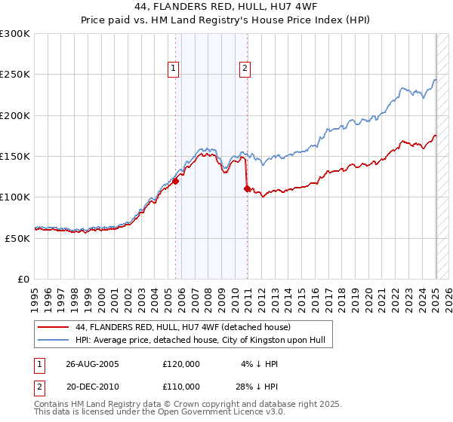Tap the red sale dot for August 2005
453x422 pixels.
tap(175, 181)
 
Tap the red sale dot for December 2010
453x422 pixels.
tap(247, 188)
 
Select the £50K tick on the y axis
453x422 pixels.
tap(17, 238)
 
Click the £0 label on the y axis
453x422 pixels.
tap(23, 279)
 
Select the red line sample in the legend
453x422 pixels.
tap(52, 327)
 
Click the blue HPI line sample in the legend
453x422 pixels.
tap(52, 341)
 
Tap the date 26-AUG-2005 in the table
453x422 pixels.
tap(92, 363)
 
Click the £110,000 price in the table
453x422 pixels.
tap(181, 386)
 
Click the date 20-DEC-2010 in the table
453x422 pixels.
tap(92, 386)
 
